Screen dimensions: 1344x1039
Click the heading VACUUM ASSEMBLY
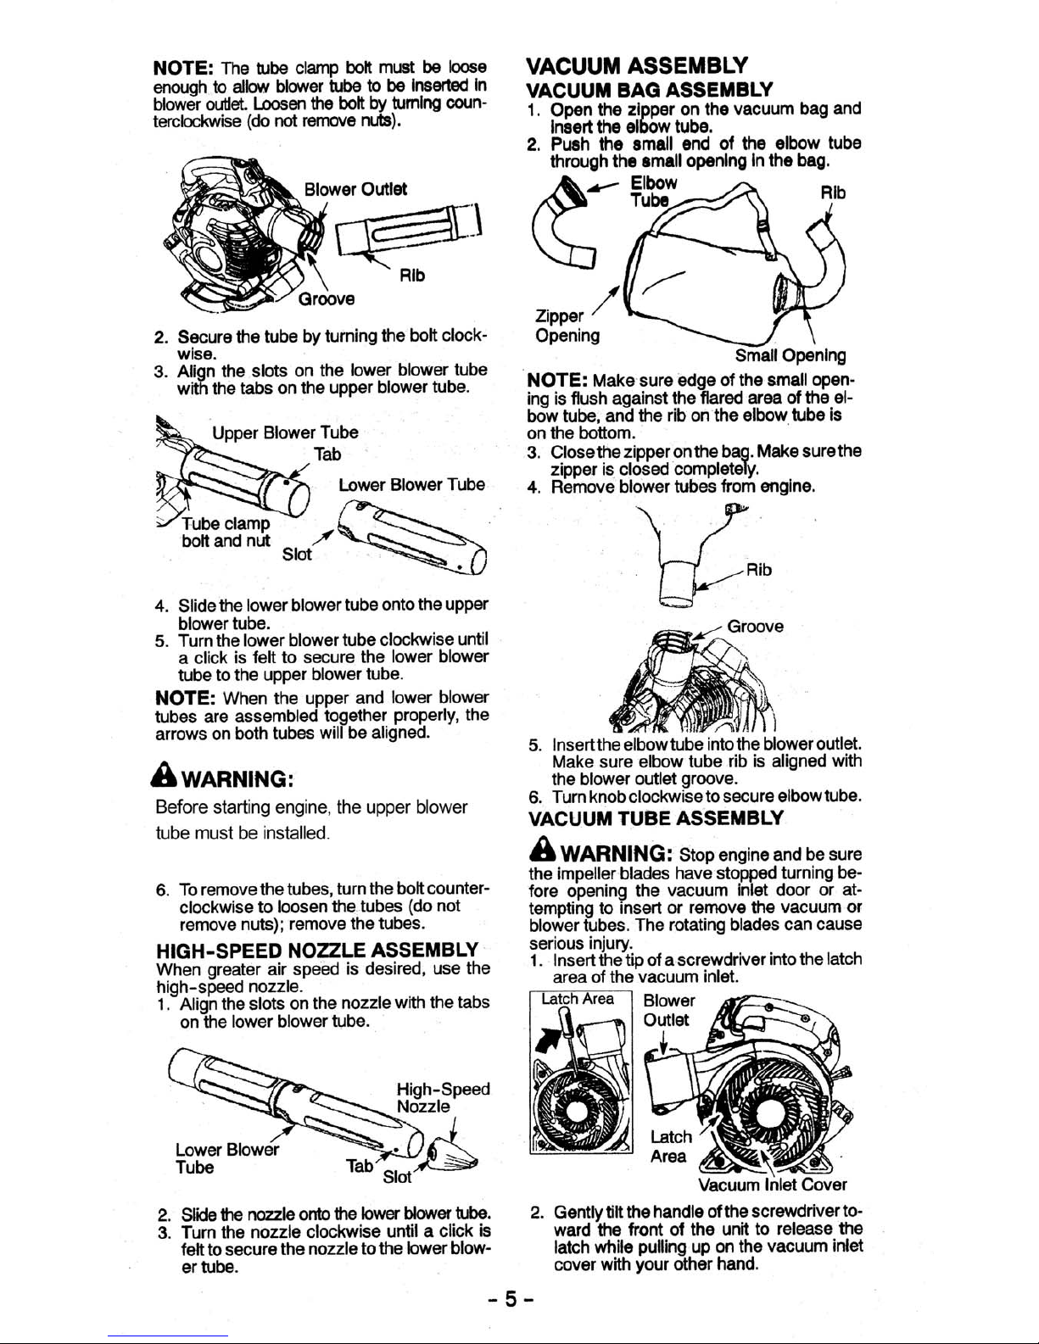coord(637,65)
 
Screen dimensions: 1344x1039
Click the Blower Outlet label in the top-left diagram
coord(356,188)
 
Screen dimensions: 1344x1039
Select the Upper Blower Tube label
coord(285,432)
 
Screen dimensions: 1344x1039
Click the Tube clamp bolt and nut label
coord(226,532)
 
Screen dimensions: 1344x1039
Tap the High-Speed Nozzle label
coord(443,1097)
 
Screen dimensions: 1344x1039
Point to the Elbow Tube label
coord(654,191)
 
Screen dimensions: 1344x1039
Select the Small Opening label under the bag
coord(790,356)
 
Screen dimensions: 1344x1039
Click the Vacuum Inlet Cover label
coord(772,1184)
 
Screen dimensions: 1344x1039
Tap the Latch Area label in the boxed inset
coord(578,999)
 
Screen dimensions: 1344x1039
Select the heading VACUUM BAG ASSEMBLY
coord(649,89)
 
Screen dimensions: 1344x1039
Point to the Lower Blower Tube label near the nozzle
coord(226,1158)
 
